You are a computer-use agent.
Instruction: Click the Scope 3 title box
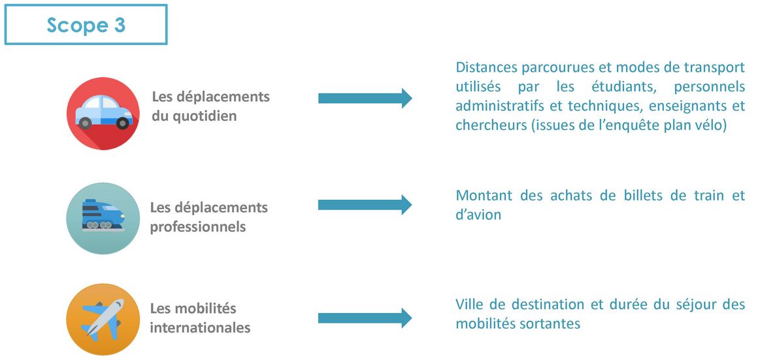tap(86, 25)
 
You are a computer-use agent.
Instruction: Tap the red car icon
tap(103, 114)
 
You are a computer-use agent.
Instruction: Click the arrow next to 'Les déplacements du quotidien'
tap(365, 99)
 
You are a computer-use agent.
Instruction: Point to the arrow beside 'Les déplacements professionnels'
tap(365, 205)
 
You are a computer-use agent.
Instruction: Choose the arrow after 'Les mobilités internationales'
tap(365, 318)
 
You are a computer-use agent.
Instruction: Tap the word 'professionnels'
tap(198, 227)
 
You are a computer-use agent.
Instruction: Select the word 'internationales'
tap(200, 327)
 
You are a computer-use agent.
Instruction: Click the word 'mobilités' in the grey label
tap(205, 308)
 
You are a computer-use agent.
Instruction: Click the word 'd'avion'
tap(478, 215)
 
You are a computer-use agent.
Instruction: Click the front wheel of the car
tap(123, 123)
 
